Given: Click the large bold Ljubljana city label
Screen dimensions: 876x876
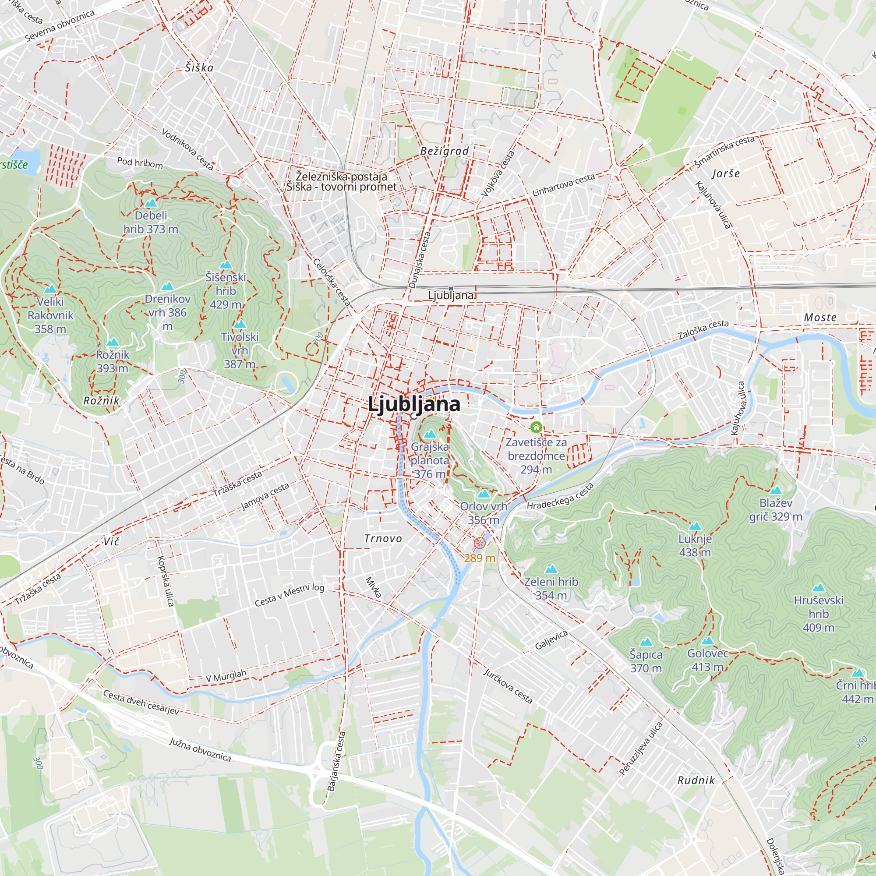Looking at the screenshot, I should [x=413, y=403].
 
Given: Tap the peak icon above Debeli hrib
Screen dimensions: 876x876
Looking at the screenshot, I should [x=151, y=203].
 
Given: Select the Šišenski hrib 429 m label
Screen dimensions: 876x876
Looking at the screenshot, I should [x=225, y=290].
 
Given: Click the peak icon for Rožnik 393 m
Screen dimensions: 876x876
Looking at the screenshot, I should [x=112, y=343].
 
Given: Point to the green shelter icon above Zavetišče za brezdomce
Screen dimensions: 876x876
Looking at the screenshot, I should [x=536, y=427].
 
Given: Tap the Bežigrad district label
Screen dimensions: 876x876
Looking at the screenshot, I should [x=444, y=151].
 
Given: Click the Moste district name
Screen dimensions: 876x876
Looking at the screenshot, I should [x=820, y=318].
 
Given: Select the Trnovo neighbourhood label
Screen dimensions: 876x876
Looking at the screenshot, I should [x=383, y=538].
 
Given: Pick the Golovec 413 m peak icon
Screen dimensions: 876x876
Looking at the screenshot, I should [x=707, y=641].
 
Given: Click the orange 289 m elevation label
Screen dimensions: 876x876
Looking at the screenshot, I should [x=479, y=558].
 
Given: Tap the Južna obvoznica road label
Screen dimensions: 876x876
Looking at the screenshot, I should [x=200, y=749].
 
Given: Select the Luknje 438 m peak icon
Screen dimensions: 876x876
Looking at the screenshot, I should [x=695, y=526].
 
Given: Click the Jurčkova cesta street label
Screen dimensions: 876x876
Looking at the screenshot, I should [x=507, y=686].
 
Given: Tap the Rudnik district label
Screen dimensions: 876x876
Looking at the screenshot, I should [x=696, y=780].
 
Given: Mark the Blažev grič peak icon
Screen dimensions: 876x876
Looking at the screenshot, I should [x=776, y=491].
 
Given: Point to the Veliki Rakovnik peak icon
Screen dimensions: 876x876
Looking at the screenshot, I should [x=50, y=289].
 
